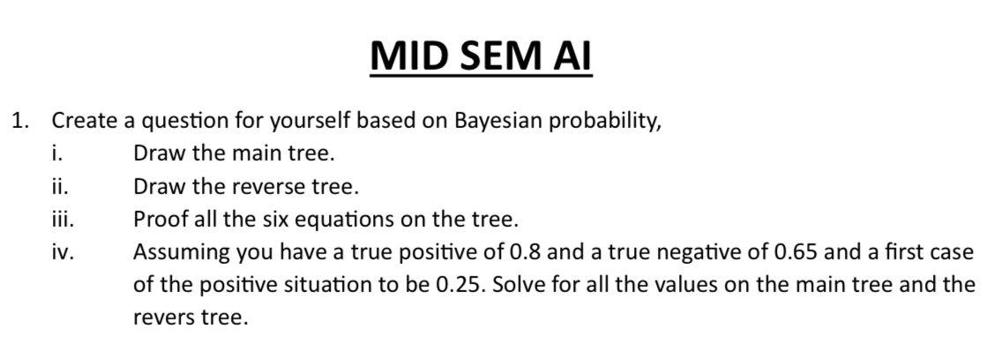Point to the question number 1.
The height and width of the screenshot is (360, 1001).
coord(20,120)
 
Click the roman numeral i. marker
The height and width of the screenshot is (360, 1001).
coord(56,154)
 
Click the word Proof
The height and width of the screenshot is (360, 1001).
coord(160,219)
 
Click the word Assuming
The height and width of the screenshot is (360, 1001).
coord(180,252)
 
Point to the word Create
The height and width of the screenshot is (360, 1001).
coord(84,120)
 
